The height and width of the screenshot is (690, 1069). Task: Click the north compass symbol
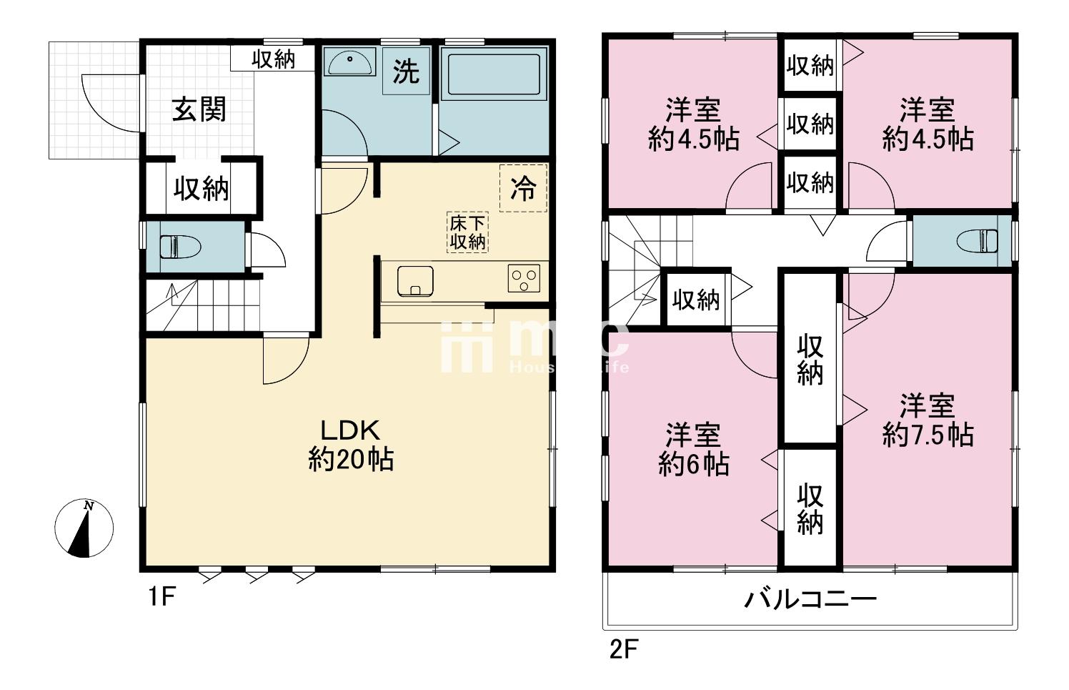(84, 528)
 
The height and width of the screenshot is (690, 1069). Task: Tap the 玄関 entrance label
(199, 110)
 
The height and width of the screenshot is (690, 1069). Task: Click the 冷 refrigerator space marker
(523, 188)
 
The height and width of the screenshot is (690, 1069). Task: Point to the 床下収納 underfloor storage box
(467, 232)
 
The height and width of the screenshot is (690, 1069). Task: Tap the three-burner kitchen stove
(524, 277)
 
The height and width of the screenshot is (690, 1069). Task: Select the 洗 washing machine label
(406, 71)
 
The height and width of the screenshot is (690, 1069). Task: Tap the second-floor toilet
(978, 240)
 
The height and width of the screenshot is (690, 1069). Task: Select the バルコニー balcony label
(810, 598)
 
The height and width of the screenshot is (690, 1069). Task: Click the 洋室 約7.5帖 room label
(928, 420)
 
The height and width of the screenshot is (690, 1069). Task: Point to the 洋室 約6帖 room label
(693, 449)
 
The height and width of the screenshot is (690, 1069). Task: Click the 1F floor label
(161, 596)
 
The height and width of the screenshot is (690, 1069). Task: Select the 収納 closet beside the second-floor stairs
(695, 300)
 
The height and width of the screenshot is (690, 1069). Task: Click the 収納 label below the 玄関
(201, 189)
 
